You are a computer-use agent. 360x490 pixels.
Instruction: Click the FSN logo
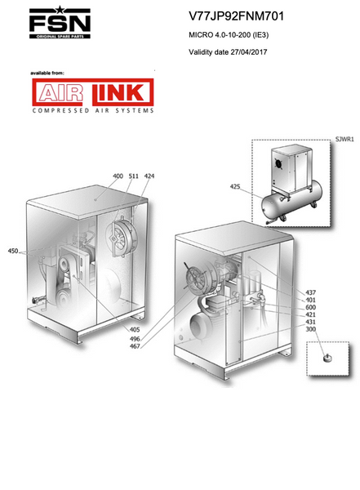coord(60,22)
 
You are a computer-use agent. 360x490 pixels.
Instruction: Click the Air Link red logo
coord(93,92)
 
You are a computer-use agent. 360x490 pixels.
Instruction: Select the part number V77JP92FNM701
coord(236,16)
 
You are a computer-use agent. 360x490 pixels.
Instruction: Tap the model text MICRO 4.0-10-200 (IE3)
coord(229,34)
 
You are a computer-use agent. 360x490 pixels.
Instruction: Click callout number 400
coord(118,176)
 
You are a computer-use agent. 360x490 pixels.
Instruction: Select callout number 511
coord(133,176)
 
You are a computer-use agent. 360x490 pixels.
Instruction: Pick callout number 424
coord(149,176)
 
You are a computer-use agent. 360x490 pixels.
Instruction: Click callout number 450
coord(13,251)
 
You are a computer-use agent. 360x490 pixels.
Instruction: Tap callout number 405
coord(135,329)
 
